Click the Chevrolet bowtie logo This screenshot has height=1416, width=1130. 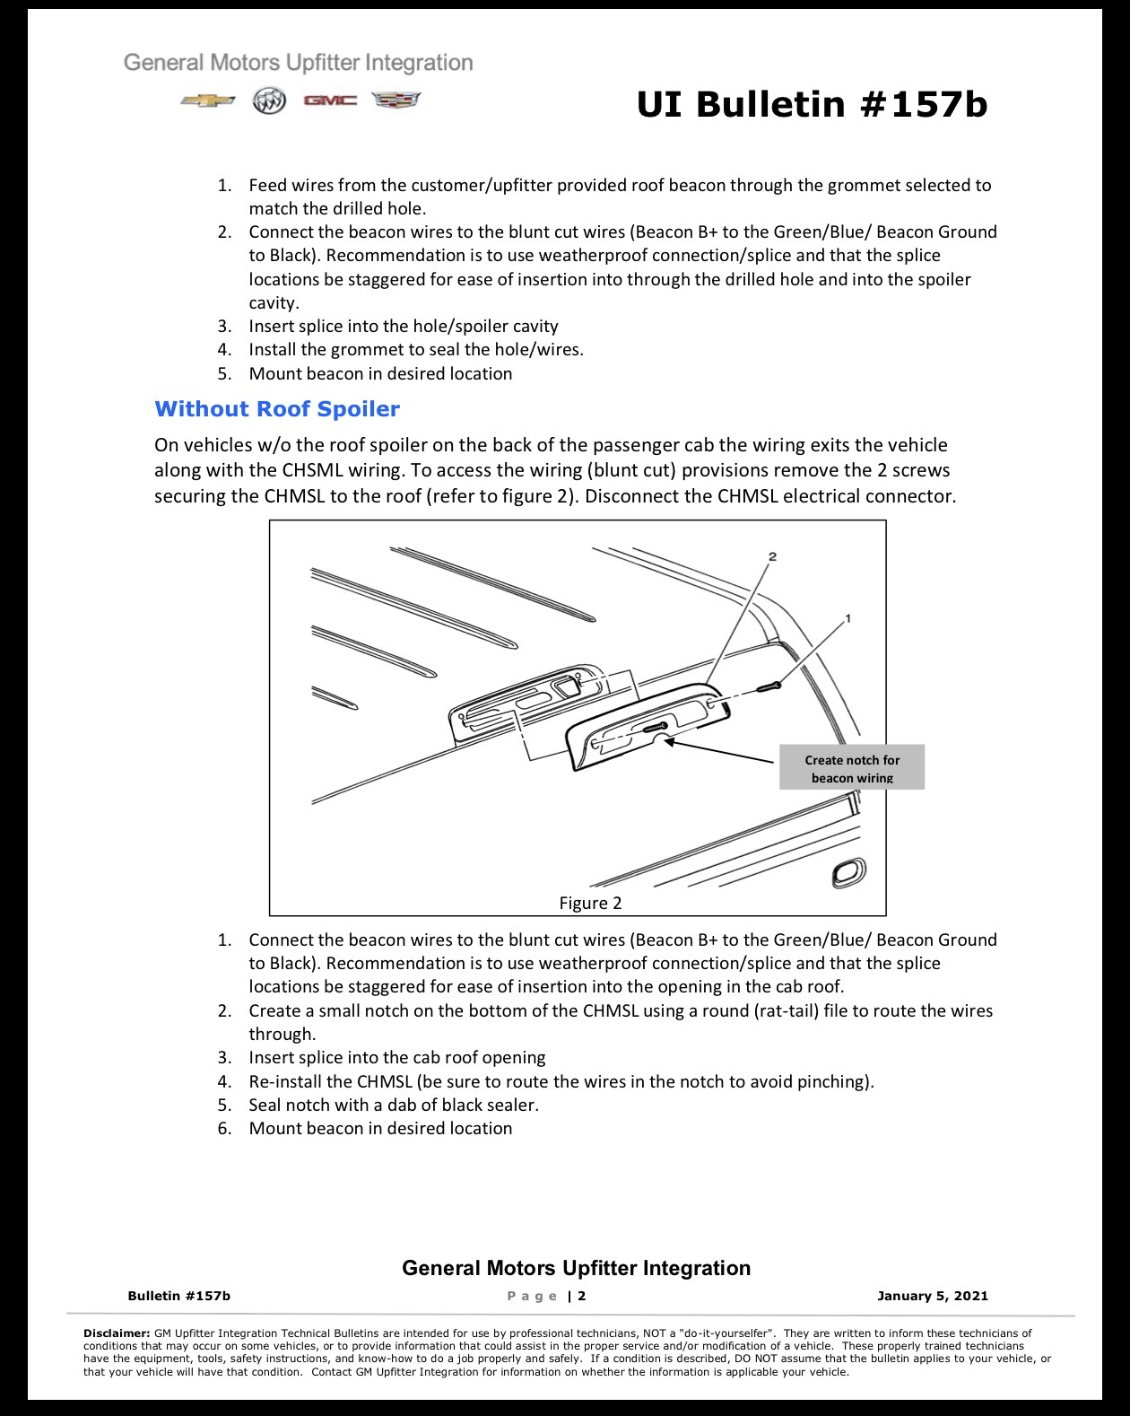pyautogui.click(x=208, y=101)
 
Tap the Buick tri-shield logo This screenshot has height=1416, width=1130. pyautogui.click(x=269, y=101)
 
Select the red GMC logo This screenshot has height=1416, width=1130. pyautogui.click(x=330, y=100)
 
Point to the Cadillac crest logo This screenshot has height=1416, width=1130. pyautogui.click(x=396, y=100)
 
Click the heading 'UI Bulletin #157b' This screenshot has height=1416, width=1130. pyautogui.click(x=813, y=105)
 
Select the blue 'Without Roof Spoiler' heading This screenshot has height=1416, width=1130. pyautogui.click(x=277, y=408)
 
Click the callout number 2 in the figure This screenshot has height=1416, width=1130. pyautogui.click(x=772, y=556)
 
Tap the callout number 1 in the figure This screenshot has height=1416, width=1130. pyautogui.click(x=847, y=618)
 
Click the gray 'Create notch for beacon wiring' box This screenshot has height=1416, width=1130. pyautogui.click(x=852, y=767)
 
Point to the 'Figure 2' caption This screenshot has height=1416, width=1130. pyautogui.click(x=590, y=904)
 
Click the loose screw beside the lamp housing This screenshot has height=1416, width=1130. pyautogui.click(x=769, y=687)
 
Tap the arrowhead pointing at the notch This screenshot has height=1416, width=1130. pyautogui.click(x=670, y=741)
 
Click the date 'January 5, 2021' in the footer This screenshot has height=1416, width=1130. pyautogui.click(x=933, y=1297)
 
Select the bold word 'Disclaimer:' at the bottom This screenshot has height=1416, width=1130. pyautogui.click(x=117, y=1333)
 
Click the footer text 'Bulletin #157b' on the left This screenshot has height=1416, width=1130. pyautogui.click(x=178, y=1297)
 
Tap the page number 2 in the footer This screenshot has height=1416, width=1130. pyautogui.click(x=581, y=1297)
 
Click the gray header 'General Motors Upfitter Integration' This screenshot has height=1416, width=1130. pyautogui.click(x=298, y=63)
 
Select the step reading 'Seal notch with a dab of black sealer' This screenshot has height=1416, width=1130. pyautogui.click(x=394, y=1105)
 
